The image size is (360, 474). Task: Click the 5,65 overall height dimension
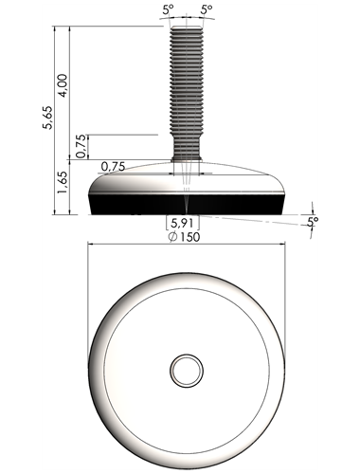coord(48,117)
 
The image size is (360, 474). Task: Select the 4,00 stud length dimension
coord(63,85)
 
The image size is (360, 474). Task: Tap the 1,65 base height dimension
coord(62,183)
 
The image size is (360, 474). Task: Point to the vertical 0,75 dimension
coord(81,146)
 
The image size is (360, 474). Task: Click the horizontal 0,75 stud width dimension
coord(113,166)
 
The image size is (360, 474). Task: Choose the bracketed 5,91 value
coord(183,223)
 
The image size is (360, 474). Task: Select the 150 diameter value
coord(189,237)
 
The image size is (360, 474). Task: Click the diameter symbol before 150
coord(172,237)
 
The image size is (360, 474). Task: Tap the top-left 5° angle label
coord(169,10)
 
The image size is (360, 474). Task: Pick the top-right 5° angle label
coord(207,9)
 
